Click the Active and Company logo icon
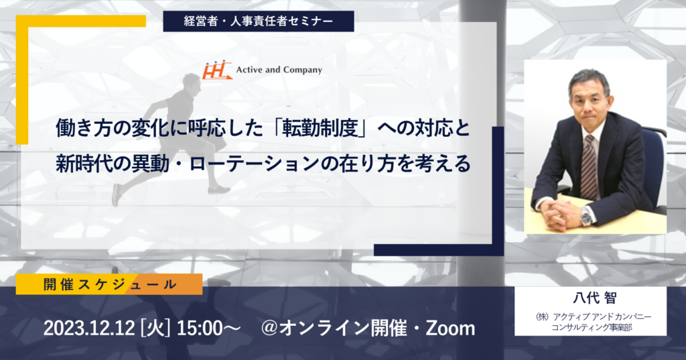click(x=216, y=70)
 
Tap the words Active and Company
click(x=279, y=70)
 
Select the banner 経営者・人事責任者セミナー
click(x=259, y=21)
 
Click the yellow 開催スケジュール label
click(x=109, y=284)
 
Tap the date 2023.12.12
click(x=89, y=328)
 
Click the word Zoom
click(x=450, y=328)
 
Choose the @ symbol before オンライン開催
click(x=269, y=328)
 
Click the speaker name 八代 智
click(x=595, y=298)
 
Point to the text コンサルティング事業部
click(x=592, y=327)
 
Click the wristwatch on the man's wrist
click(x=586, y=215)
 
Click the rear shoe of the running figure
click(x=117, y=195)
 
